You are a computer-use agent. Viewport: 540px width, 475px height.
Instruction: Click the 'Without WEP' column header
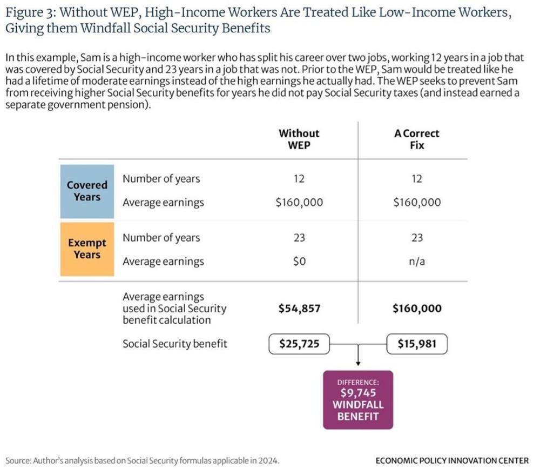(299, 139)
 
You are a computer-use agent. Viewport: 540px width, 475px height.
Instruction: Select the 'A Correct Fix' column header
(417, 139)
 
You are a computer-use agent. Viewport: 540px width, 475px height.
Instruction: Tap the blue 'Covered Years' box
(87, 191)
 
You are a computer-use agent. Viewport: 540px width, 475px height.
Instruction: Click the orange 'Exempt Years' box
(87, 249)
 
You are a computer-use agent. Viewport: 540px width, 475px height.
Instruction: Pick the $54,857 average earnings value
(299, 308)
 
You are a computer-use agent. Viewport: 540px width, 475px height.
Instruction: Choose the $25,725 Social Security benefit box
(299, 344)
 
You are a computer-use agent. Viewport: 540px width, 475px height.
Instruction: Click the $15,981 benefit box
(417, 344)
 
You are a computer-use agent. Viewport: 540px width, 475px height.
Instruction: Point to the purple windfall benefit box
(358, 400)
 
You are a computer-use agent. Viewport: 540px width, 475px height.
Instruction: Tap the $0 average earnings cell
(299, 262)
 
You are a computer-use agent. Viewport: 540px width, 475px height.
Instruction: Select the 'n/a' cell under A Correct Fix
(417, 262)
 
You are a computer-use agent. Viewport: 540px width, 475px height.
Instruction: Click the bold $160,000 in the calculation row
(417, 308)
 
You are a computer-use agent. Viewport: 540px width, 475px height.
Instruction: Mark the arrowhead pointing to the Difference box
(358, 364)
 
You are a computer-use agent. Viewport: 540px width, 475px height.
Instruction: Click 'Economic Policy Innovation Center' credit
(452, 460)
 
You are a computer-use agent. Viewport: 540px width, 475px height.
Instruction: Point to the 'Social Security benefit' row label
(175, 344)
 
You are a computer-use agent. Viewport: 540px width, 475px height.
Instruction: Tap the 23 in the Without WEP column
(299, 238)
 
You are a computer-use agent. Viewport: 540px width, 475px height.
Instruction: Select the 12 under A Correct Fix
(417, 178)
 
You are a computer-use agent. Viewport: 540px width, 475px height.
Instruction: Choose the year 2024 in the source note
(268, 460)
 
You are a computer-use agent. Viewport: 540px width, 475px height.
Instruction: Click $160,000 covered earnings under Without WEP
(299, 202)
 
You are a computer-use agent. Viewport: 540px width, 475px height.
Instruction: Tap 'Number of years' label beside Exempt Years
(161, 238)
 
